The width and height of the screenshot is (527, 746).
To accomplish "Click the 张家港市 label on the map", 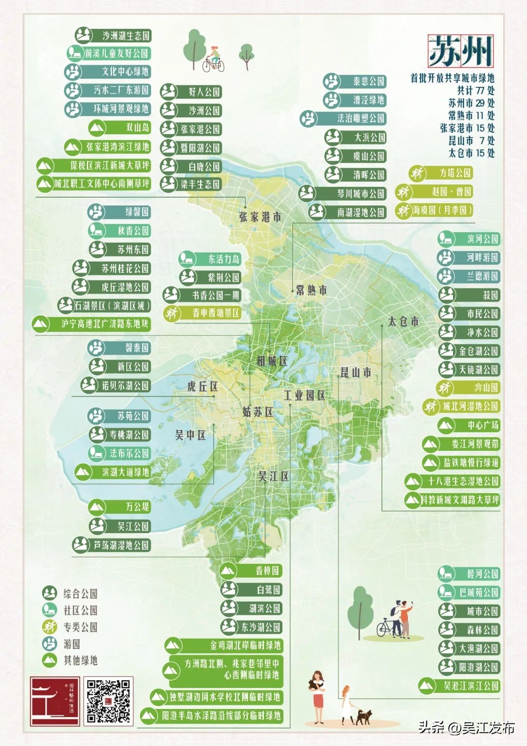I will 260,217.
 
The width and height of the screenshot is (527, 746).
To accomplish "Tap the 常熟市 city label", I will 311,290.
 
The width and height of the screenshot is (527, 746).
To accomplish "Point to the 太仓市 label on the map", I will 403,322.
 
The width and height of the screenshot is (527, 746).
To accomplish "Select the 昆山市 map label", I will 355,373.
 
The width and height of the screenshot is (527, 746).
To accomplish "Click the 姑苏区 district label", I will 258,412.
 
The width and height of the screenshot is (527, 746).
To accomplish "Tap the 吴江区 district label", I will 273,476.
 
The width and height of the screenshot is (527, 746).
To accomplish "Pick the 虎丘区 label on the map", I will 203,386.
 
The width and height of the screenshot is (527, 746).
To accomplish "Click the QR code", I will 108,701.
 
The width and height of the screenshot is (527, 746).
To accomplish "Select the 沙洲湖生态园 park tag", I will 113,36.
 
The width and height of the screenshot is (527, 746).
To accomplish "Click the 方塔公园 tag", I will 441,173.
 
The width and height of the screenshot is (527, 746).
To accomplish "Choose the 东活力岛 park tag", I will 210,259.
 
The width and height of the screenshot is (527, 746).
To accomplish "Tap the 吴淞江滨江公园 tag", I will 460,686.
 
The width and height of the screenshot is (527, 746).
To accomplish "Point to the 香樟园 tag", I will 251,570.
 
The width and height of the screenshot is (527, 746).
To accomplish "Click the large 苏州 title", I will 460,51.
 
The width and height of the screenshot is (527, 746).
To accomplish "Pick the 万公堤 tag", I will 120,507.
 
